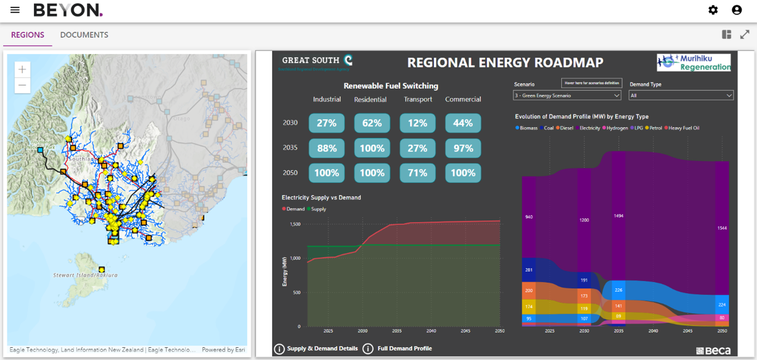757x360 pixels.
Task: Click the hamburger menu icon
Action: click(x=15, y=10)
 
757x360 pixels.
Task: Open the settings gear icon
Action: click(x=713, y=10)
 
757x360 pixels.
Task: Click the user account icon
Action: click(x=736, y=10)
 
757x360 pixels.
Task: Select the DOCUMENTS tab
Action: click(x=84, y=35)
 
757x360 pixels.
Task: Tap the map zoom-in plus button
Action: click(x=22, y=70)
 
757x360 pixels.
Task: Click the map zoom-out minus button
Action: click(x=22, y=85)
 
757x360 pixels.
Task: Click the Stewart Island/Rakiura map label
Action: click(x=85, y=275)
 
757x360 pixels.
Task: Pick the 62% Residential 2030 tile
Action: click(x=372, y=123)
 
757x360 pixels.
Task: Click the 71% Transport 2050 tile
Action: click(x=418, y=173)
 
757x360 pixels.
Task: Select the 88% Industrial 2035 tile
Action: click(x=327, y=148)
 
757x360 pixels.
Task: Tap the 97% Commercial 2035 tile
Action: click(x=463, y=148)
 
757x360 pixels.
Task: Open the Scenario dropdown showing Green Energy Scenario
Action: click(x=567, y=96)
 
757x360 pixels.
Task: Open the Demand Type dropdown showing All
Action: click(x=681, y=96)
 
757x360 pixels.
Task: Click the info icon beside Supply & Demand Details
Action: click(x=279, y=349)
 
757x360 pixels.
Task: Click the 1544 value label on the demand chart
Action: click(x=721, y=228)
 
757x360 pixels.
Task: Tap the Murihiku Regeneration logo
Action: click(x=693, y=63)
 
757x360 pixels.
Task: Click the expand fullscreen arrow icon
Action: click(x=745, y=35)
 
